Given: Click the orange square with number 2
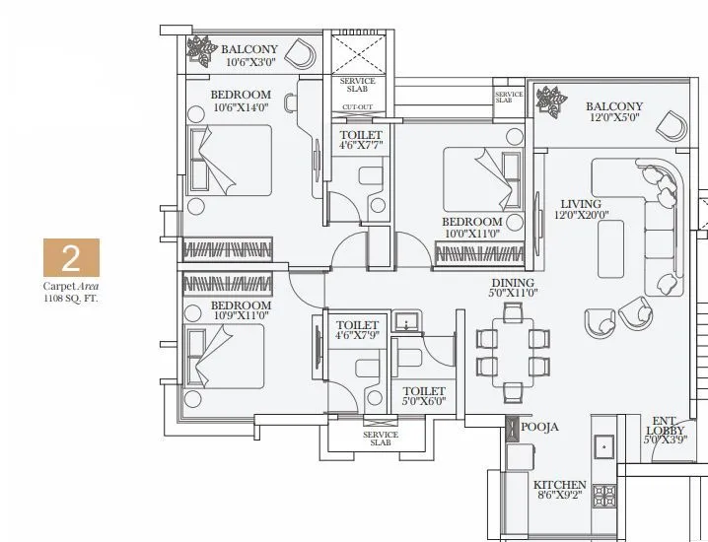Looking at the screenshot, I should [x=70, y=258].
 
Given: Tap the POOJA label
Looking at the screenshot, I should [x=540, y=427].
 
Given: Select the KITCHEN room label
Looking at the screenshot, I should [x=560, y=486].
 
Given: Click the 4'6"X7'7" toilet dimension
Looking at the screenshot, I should [x=360, y=147].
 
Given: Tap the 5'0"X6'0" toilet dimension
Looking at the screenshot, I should [x=424, y=402].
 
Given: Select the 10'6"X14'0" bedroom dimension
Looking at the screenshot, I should [x=241, y=107].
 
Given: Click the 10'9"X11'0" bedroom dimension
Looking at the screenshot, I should [x=240, y=316].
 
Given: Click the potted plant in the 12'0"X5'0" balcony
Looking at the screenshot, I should [x=548, y=99].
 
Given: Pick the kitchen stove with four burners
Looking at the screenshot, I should [x=603, y=495].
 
